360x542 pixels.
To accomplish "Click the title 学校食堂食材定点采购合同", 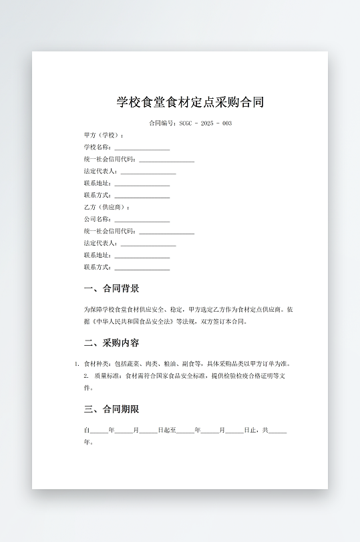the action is point(190,102).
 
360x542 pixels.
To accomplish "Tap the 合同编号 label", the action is point(162,123).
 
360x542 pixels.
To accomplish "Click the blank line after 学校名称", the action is point(142,148).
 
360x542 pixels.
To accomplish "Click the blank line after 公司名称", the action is point(142,220).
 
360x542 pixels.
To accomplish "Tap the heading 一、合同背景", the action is point(112,289).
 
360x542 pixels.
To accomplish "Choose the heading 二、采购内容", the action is point(112,343).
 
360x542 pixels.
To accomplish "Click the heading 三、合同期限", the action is point(112,409).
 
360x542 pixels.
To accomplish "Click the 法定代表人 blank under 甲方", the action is point(148,172).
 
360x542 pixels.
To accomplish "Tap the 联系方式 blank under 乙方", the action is point(142,268).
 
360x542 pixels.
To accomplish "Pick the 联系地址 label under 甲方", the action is point(98,184).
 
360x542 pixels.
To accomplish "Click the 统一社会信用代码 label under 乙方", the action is point(109,232).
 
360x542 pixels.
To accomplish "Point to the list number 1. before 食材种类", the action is point(77,364).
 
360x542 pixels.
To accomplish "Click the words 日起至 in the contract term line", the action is point(167,431).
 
